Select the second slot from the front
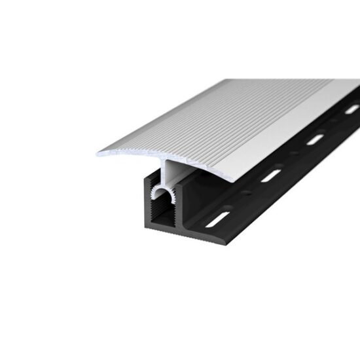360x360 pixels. pos(270,175)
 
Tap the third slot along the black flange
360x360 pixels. pos(315,139)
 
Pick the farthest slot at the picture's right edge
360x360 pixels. pos(352,109)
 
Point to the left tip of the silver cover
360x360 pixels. pos(99,155)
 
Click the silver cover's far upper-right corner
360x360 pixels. pos(359,81)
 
